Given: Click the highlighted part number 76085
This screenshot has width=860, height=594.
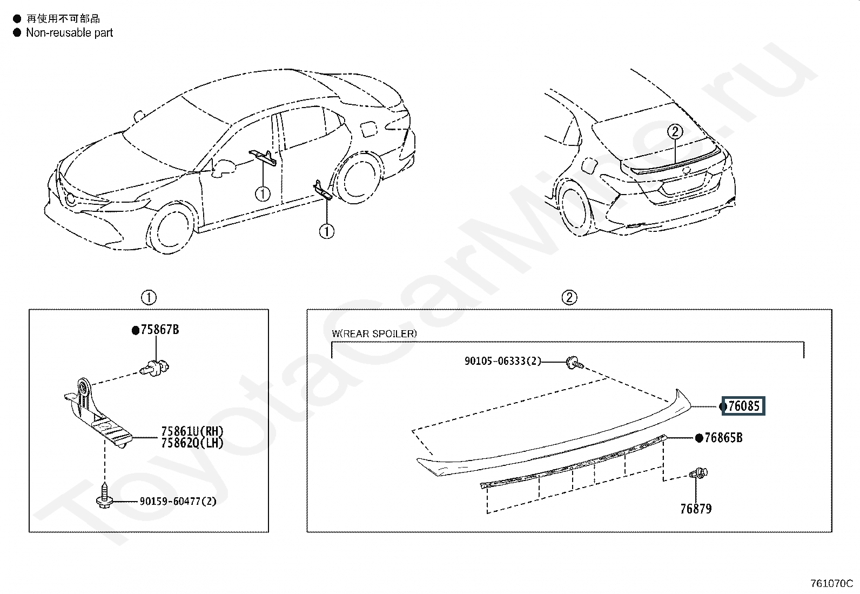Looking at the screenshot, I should point(743,406).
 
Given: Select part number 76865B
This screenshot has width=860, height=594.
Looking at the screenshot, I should point(723,438).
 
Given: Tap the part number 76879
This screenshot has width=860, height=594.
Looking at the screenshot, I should point(696,509).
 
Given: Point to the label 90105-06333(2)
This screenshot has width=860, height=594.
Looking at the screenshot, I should point(502,361).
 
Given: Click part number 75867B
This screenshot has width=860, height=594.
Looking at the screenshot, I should point(159,330).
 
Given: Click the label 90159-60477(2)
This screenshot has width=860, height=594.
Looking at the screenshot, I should point(178,502).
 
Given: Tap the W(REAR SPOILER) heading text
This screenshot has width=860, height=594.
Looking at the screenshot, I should point(374,333).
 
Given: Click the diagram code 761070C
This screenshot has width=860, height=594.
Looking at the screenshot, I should point(831,583).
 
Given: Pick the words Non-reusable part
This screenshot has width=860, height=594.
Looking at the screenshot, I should point(70,33).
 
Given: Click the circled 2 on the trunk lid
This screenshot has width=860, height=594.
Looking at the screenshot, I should point(675,131).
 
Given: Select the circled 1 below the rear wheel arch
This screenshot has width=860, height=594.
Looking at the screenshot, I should point(327,231).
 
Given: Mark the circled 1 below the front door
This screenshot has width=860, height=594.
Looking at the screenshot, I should point(263,193).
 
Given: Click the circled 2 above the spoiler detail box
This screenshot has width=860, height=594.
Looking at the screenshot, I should point(569,297).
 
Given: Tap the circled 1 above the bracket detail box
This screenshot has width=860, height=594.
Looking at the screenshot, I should point(149,297).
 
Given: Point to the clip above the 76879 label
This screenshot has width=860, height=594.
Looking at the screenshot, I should point(698,473).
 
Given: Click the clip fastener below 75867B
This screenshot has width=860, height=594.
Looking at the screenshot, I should point(156,369).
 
